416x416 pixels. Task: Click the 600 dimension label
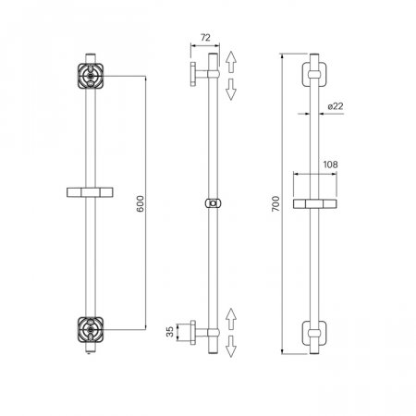pos(141,203)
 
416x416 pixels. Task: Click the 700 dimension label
pos(275,203)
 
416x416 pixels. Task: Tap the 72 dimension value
pos(205,38)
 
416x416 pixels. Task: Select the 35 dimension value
pos(170,332)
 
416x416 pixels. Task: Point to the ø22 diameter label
pos(336,106)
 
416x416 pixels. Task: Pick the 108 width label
pos(330,165)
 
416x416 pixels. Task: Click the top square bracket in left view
pos(91,76)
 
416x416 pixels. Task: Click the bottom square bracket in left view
pos(91,329)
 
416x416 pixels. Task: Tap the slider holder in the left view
pos(90,192)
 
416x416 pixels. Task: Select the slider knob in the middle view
pos(213,203)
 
